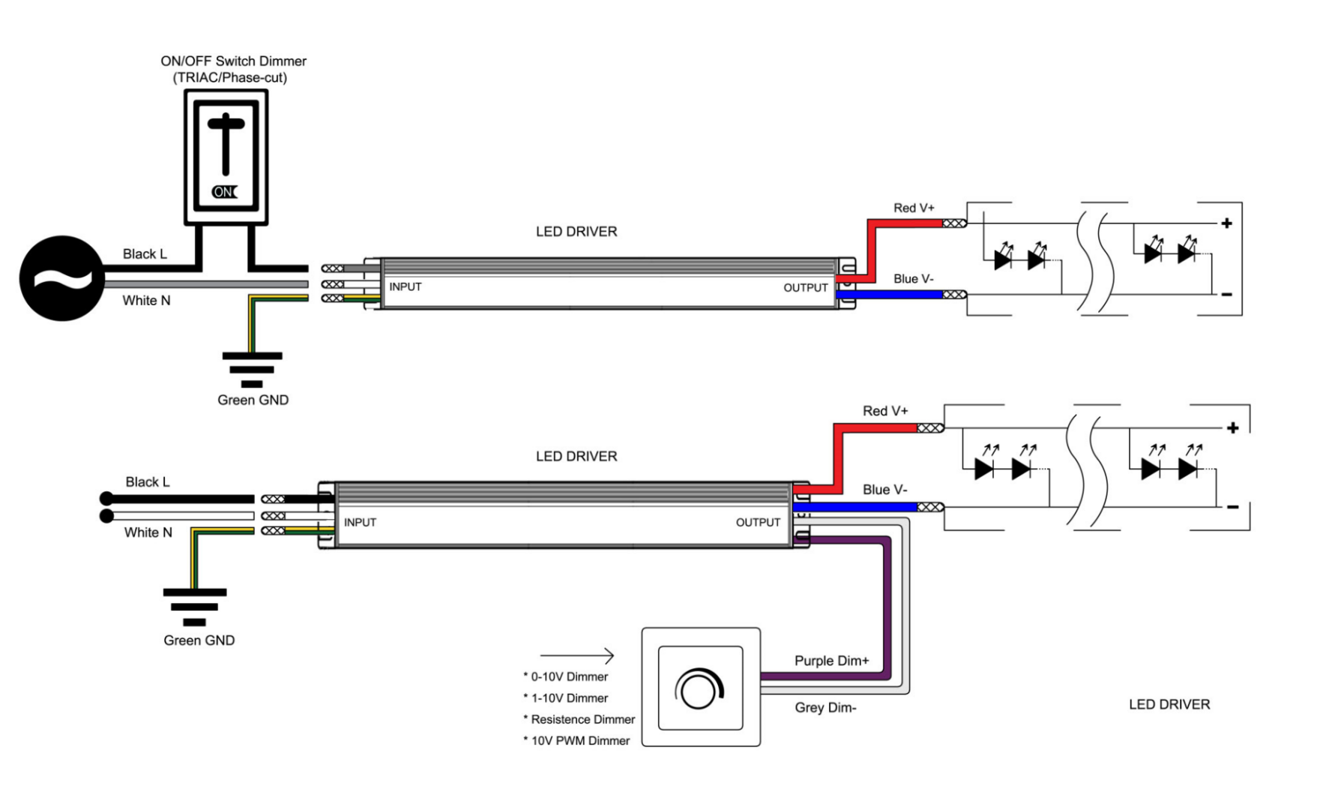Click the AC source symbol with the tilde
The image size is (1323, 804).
click(61, 278)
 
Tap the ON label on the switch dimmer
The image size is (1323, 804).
click(224, 192)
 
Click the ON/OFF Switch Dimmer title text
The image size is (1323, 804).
click(233, 61)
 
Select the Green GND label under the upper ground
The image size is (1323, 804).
click(253, 400)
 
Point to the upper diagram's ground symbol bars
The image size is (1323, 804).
click(252, 368)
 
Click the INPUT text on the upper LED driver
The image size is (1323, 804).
click(405, 286)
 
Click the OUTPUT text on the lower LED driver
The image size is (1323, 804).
click(757, 522)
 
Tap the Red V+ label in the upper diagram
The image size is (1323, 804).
click(913, 208)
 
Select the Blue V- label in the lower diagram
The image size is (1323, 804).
click(884, 490)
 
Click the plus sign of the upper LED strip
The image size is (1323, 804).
click(1226, 223)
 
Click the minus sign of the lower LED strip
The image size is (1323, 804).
click(1232, 508)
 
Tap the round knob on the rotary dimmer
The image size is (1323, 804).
click(699, 690)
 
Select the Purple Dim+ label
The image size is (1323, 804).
click(831, 661)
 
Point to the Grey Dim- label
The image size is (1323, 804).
click(825, 707)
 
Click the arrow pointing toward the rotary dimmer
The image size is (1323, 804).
click(577, 655)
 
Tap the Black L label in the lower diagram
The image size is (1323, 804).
click(147, 481)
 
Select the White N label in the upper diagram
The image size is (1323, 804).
click(146, 300)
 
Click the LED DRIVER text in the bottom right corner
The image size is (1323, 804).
click(1169, 704)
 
